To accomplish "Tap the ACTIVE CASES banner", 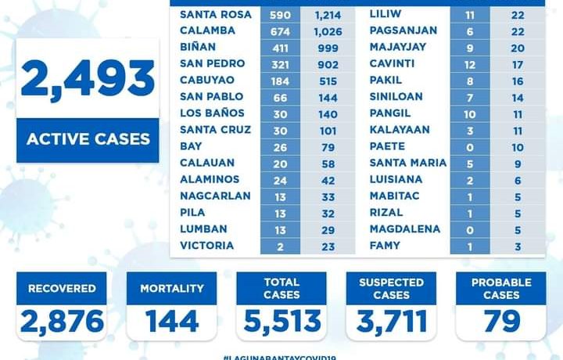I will pyautogui.click(x=88, y=140).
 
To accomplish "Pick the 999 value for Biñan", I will pyautogui.click(x=324, y=47).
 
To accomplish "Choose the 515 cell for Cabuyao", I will pyautogui.click(x=324, y=80).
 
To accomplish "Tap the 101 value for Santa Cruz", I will pyautogui.click(x=324, y=129).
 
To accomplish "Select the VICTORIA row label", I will pyautogui.click(x=206, y=246).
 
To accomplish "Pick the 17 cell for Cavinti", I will pyautogui.click(x=517, y=63).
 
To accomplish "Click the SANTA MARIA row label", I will pyautogui.click(x=407, y=163).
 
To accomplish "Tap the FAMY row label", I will pyautogui.click(x=385, y=246).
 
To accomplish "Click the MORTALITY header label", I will pyautogui.click(x=171, y=289).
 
